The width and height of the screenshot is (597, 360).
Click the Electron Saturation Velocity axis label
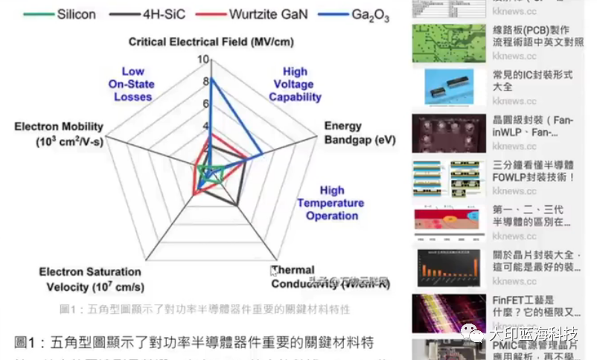click(89, 279)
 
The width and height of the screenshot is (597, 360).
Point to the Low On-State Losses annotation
click(133, 84)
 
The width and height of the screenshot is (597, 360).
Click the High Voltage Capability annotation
click(295, 84)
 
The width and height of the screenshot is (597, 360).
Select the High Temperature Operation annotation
click(331, 203)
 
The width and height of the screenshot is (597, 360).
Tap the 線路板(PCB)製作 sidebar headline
click(531, 36)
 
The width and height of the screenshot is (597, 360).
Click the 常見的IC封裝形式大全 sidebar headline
click(531, 81)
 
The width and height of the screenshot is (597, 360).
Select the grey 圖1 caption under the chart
click(204, 309)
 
